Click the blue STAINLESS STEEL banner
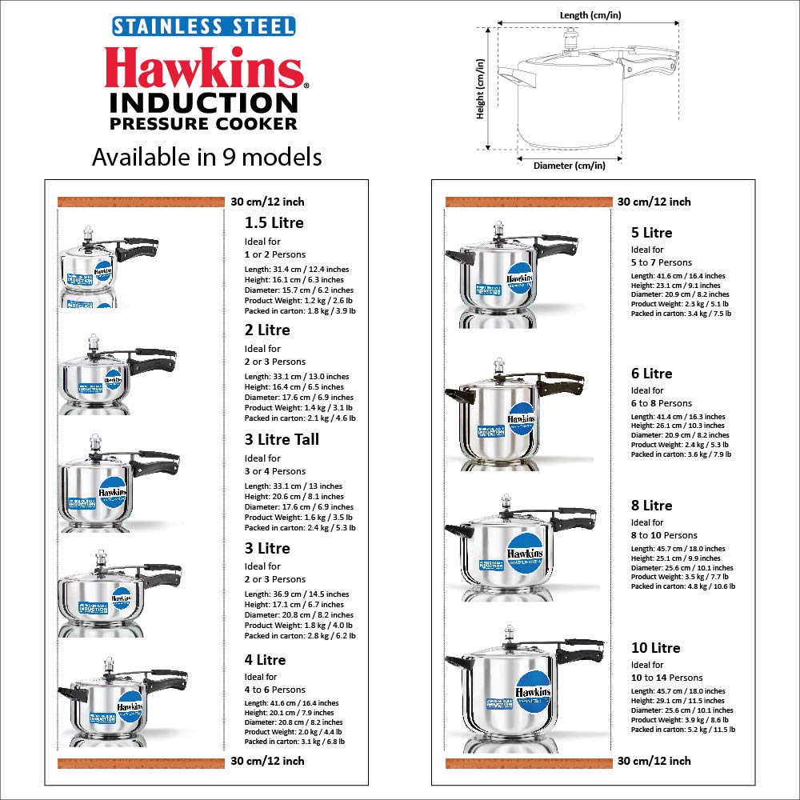[203, 26]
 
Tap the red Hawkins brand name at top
[205, 69]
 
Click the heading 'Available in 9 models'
[206, 157]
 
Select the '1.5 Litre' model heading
[274, 222]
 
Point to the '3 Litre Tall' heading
[282, 439]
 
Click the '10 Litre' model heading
[655, 648]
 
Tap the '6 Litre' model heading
[651, 374]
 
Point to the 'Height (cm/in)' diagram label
[481, 88]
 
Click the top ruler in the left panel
[140, 202]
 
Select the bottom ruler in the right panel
[528, 761]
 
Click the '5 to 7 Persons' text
[662, 262]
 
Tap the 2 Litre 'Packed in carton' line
[300, 418]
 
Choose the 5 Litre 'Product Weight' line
[680, 304]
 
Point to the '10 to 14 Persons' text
[667, 678]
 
